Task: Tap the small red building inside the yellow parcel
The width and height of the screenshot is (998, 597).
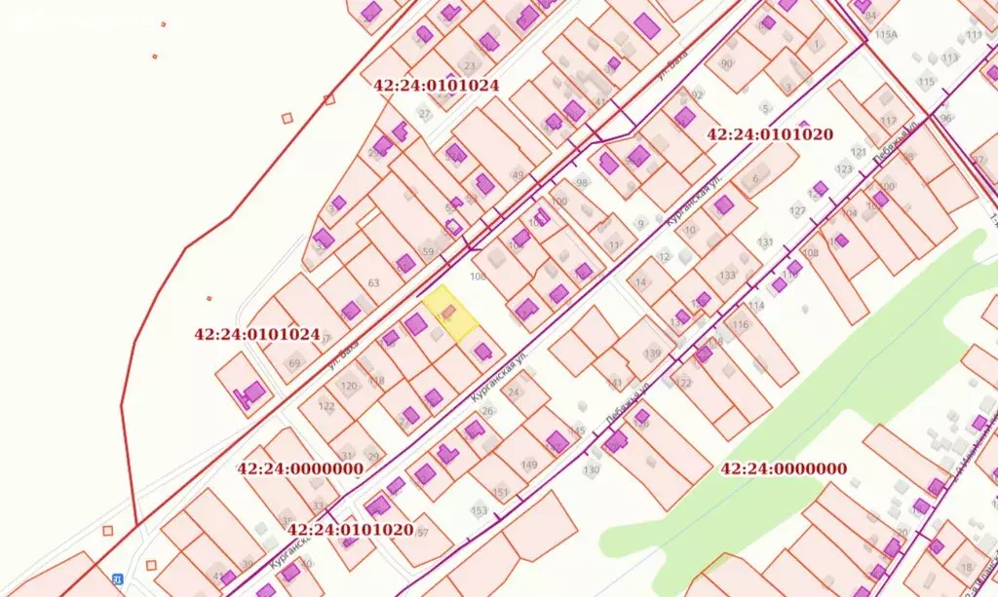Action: (x=447, y=312)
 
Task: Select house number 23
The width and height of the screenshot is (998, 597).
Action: (x=470, y=67)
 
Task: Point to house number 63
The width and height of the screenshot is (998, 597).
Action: (x=372, y=283)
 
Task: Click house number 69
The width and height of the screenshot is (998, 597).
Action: (x=294, y=363)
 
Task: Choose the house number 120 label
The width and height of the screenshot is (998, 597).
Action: (x=348, y=386)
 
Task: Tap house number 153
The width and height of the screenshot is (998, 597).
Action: (x=479, y=510)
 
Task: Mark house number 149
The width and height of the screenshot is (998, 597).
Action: (x=529, y=465)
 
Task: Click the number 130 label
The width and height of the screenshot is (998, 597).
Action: (x=592, y=470)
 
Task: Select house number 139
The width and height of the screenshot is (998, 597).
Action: (x=653, y=352)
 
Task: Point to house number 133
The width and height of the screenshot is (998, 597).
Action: (x=727, y=276)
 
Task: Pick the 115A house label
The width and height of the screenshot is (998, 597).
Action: (x=886, y=34)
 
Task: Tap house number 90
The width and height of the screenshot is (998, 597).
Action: (x=727, y=63)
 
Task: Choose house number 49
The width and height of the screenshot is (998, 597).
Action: (x=518, y=175)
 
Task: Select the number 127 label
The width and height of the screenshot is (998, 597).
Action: (x=797, y=211)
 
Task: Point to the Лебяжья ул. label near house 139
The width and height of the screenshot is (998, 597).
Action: (x=626, y=401)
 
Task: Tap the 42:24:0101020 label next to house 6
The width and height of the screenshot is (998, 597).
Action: (x=770, y=134)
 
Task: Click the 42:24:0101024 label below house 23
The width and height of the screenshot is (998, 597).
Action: (x=436, y=85)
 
